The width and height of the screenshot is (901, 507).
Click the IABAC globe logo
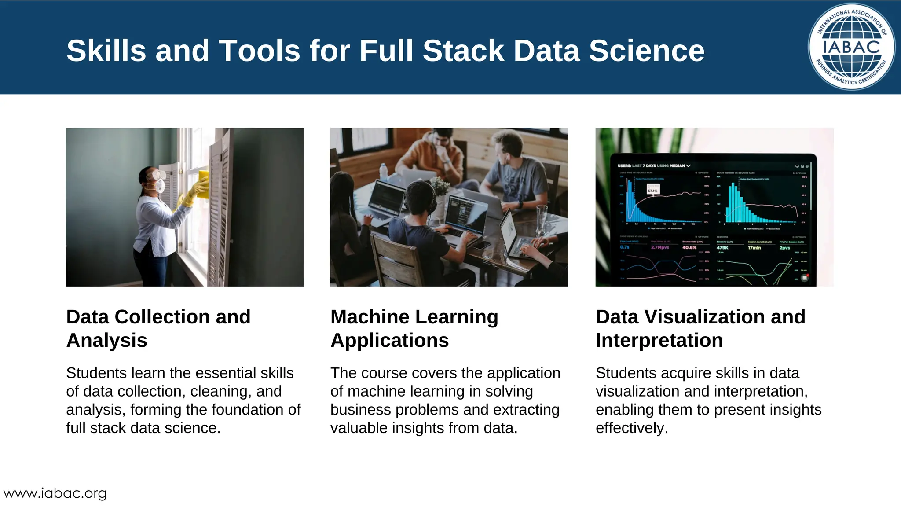coord(851,47)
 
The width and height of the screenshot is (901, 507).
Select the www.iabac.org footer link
coord(55,493)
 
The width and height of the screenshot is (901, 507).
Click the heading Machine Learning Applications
coord(414,328)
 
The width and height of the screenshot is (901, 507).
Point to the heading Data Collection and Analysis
coord(158,328)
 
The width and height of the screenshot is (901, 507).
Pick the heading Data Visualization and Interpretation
coord(700,328)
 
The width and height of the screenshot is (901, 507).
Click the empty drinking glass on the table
coord(542,218)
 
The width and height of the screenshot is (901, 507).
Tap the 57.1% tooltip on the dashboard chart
coord(653,190)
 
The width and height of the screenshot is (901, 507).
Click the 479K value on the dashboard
coord(722,248)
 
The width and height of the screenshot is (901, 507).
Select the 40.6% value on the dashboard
coord(689,248)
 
